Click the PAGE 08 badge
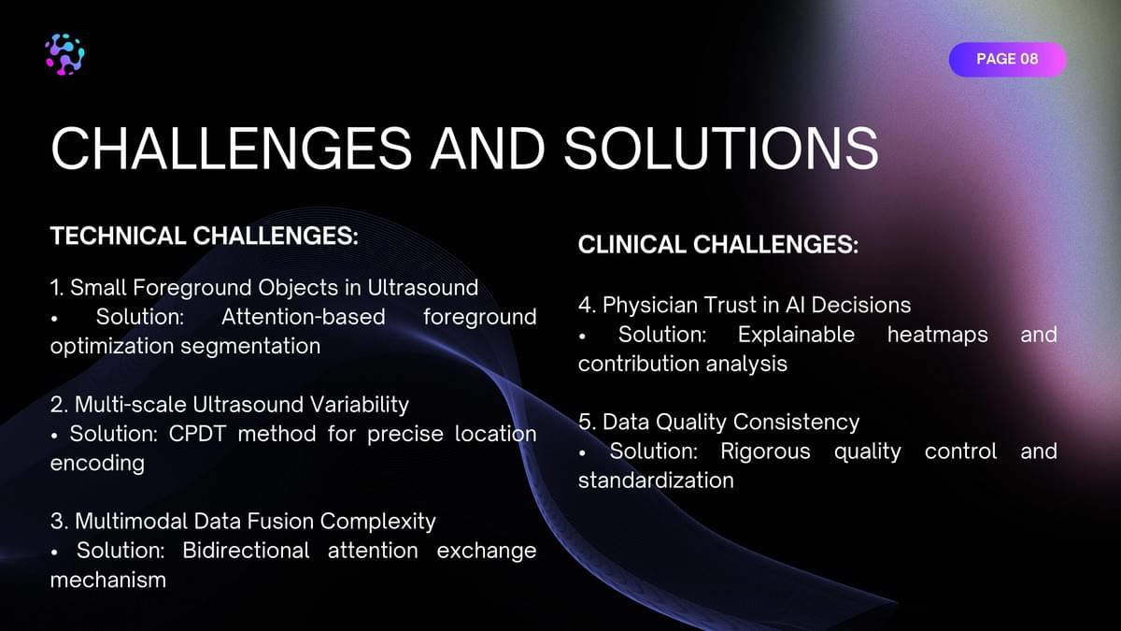[1007, 59]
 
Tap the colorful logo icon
[64, 54]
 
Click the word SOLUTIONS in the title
[721, 149]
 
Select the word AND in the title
[488, 149]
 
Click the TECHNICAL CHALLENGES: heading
[205, 236]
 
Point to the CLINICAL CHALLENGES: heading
[718, 245]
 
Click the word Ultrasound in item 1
[423, 288]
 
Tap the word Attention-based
[304, 317]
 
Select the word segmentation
[250, 347]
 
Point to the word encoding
[97, 464]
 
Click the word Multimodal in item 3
[132, 522]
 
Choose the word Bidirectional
[246, 551]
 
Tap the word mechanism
[108, 580]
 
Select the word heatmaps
[937, 335]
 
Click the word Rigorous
[765, 452]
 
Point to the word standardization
[656, 480]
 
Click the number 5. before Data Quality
[587, 423]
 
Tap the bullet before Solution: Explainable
[582, 337]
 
